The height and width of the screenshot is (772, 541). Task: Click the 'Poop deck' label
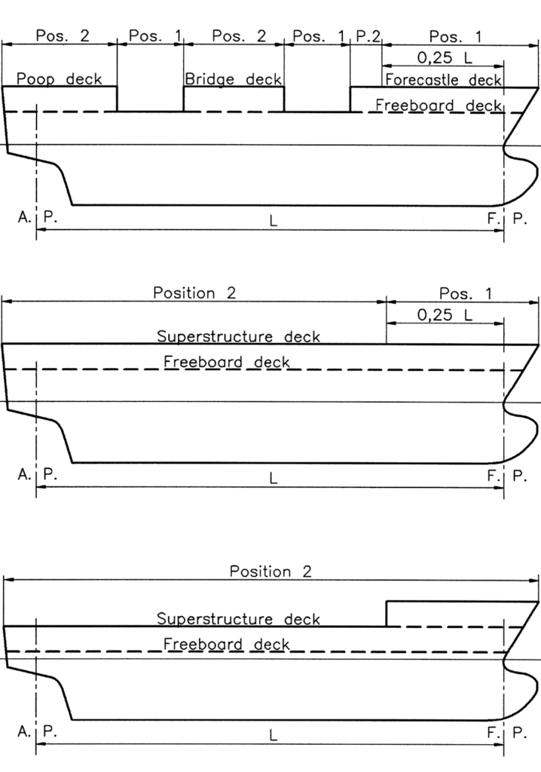pyautogui.click(x=59, y=78)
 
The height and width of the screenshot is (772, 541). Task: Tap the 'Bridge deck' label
pyautogui.click(x=234, y=79)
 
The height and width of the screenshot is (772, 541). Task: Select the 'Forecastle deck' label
pyautogui.click(x=443, y=80)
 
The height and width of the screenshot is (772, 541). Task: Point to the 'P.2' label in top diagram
pyautogui.click(x=368, y=36)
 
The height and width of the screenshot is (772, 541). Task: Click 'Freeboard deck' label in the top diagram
pyautogui.click(x=439, y=105)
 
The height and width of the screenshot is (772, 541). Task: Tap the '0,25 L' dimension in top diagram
pyautogui.click(x=445, y=57)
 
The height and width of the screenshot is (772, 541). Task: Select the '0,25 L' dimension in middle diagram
pyautogui.click(x=445, y=314)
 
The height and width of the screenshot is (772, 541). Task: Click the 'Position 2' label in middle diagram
pyautogui.click(x=194, y=293)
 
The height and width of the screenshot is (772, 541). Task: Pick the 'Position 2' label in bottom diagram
pyautogui.click(x=270, y=571)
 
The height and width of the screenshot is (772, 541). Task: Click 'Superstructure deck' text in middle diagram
pyautogui.click(x=238, y=336)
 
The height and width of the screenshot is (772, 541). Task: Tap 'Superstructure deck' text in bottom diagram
pyautogui.click(x=238, y=618)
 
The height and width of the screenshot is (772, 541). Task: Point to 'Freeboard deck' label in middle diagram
pyautogui.click(x=227, y=362)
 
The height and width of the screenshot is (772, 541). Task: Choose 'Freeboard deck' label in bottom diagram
pyautogui.click(x=227, y=644)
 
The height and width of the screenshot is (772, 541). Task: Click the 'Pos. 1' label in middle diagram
pyautogui.click(x=465, y=293)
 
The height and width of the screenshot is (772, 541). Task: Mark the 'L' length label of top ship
pyautogui.click(x=274, y=221)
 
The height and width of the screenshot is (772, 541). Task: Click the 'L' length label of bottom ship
pyautogui.click(x=274, y=736)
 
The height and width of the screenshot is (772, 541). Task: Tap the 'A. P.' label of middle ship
pyautogui.click(x=38, y=474)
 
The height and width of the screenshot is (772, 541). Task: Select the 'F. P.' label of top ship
pyautogui.click(x=507, y=218)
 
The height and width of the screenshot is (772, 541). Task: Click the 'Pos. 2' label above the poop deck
pyautogui.click(x=63, y=35)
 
